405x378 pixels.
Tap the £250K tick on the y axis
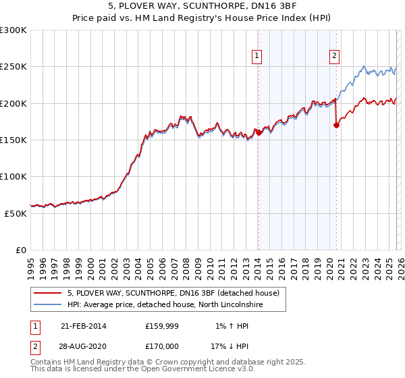pyautogui.click(x=13, y=67)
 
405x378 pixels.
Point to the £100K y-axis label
pyautogui.click(x=13, y=176)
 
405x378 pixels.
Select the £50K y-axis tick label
pyautogui.click(x=16, y=213)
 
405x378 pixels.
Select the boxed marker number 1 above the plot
pyautogui.click(x=258, y=57)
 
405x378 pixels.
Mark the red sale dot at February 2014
pyautogui.click(x=259, y=133)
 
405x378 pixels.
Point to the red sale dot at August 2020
pyautogui.click(x=336, y=125)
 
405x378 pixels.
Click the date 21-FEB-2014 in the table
pyautogui.click(x=83, y=325)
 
